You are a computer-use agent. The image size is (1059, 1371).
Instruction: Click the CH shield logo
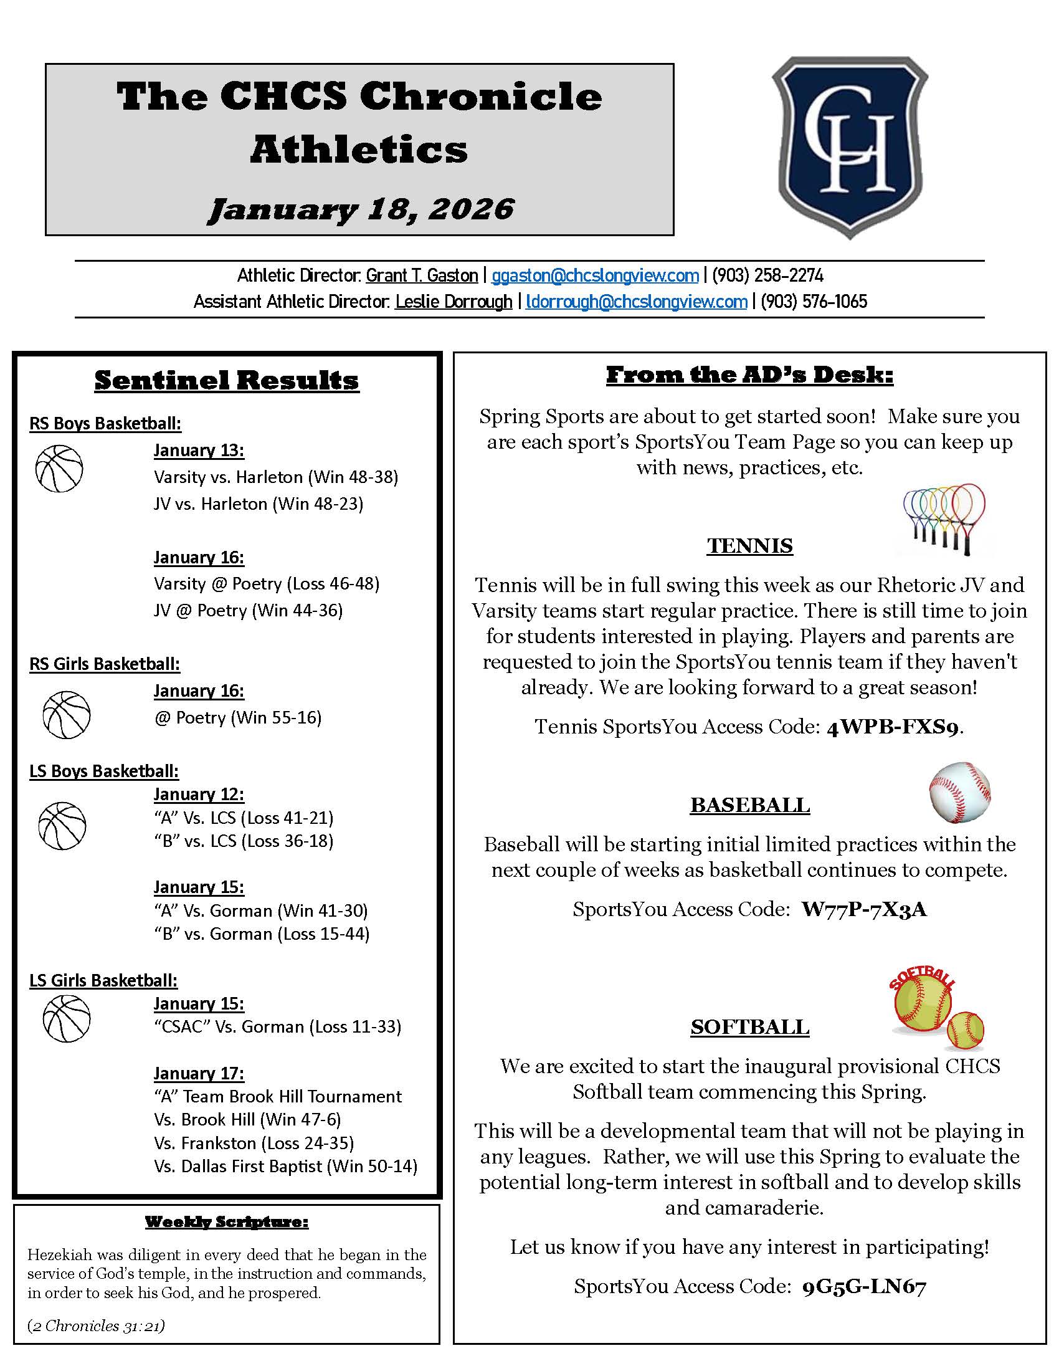pyautogui.click(x=850, y=148)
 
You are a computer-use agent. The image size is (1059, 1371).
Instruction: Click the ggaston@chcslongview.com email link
pyautogui.click(x=595, y=275)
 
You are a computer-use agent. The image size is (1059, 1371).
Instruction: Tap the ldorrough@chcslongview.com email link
pyautogui.click(x=636, y=302)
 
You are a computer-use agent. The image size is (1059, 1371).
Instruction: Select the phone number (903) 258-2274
pyautogui.click(x=767, y=275)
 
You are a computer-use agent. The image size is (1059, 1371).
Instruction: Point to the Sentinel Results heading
pyautogui.click(x=227, y=380)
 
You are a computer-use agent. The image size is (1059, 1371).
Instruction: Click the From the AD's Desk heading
pyautogui.click(x=749, y=375)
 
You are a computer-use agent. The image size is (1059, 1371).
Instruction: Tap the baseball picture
pyautogui.click(x=959, y=793)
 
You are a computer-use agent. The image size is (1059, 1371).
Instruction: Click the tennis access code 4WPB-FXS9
pyautogui.click(x=892, y=727)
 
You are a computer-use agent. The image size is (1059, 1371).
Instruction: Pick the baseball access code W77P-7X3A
pyautogui.click(x=863, y=910)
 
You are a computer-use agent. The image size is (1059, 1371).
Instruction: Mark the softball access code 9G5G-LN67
pyautogui.click(x=864, y=1287)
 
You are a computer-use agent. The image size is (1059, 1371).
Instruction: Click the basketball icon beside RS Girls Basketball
pyautogui.click(x=67, y=715)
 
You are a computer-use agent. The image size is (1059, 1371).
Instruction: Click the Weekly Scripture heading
pyautogui.click(x=227, y=1221)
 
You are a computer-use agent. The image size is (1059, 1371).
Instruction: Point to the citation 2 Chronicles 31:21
pyautogui.click(x=96, y=1326)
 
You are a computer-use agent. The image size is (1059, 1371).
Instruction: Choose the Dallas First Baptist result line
pyautogui.click(x=285, y=1167)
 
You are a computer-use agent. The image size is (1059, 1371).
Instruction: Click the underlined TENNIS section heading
pyautogui.click(x=749, y=546)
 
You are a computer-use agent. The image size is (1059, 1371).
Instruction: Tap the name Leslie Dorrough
pyautogui.click(x=454, y=302)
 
